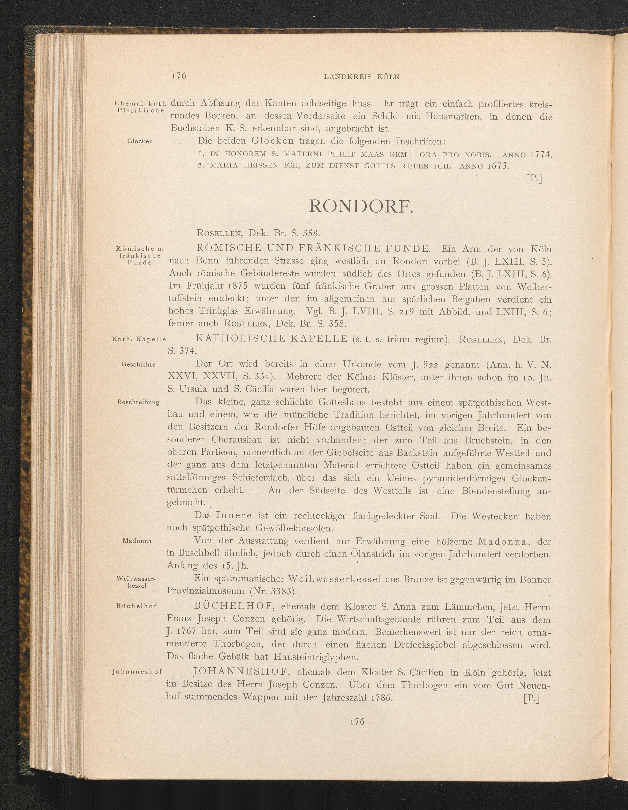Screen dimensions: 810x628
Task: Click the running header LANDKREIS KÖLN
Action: click(x=362, y=77)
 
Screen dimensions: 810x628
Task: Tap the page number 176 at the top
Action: click(x=179, y=76)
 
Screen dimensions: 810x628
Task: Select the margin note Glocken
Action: click(x=140, y=141)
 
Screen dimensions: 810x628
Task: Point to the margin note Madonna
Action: click(x=137, y=541)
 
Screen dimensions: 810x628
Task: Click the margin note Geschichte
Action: click(x=139, y=364)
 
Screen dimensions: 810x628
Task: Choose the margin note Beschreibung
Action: click(x=139, y=402)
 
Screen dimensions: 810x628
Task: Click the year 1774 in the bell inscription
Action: click(x=539, y=154)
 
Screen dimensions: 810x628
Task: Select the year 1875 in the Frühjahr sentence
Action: click(x=230, y=286)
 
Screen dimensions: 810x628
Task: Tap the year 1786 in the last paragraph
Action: click(x=382, y=697)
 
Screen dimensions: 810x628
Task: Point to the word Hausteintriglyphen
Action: click(x=316, y=657)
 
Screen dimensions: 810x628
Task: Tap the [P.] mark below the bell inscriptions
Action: click(x=534, y=179)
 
